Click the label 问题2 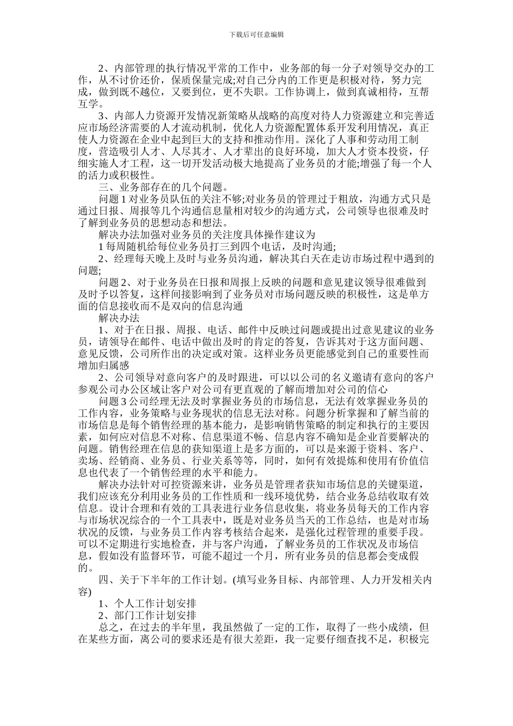click(x=115, y=282)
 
